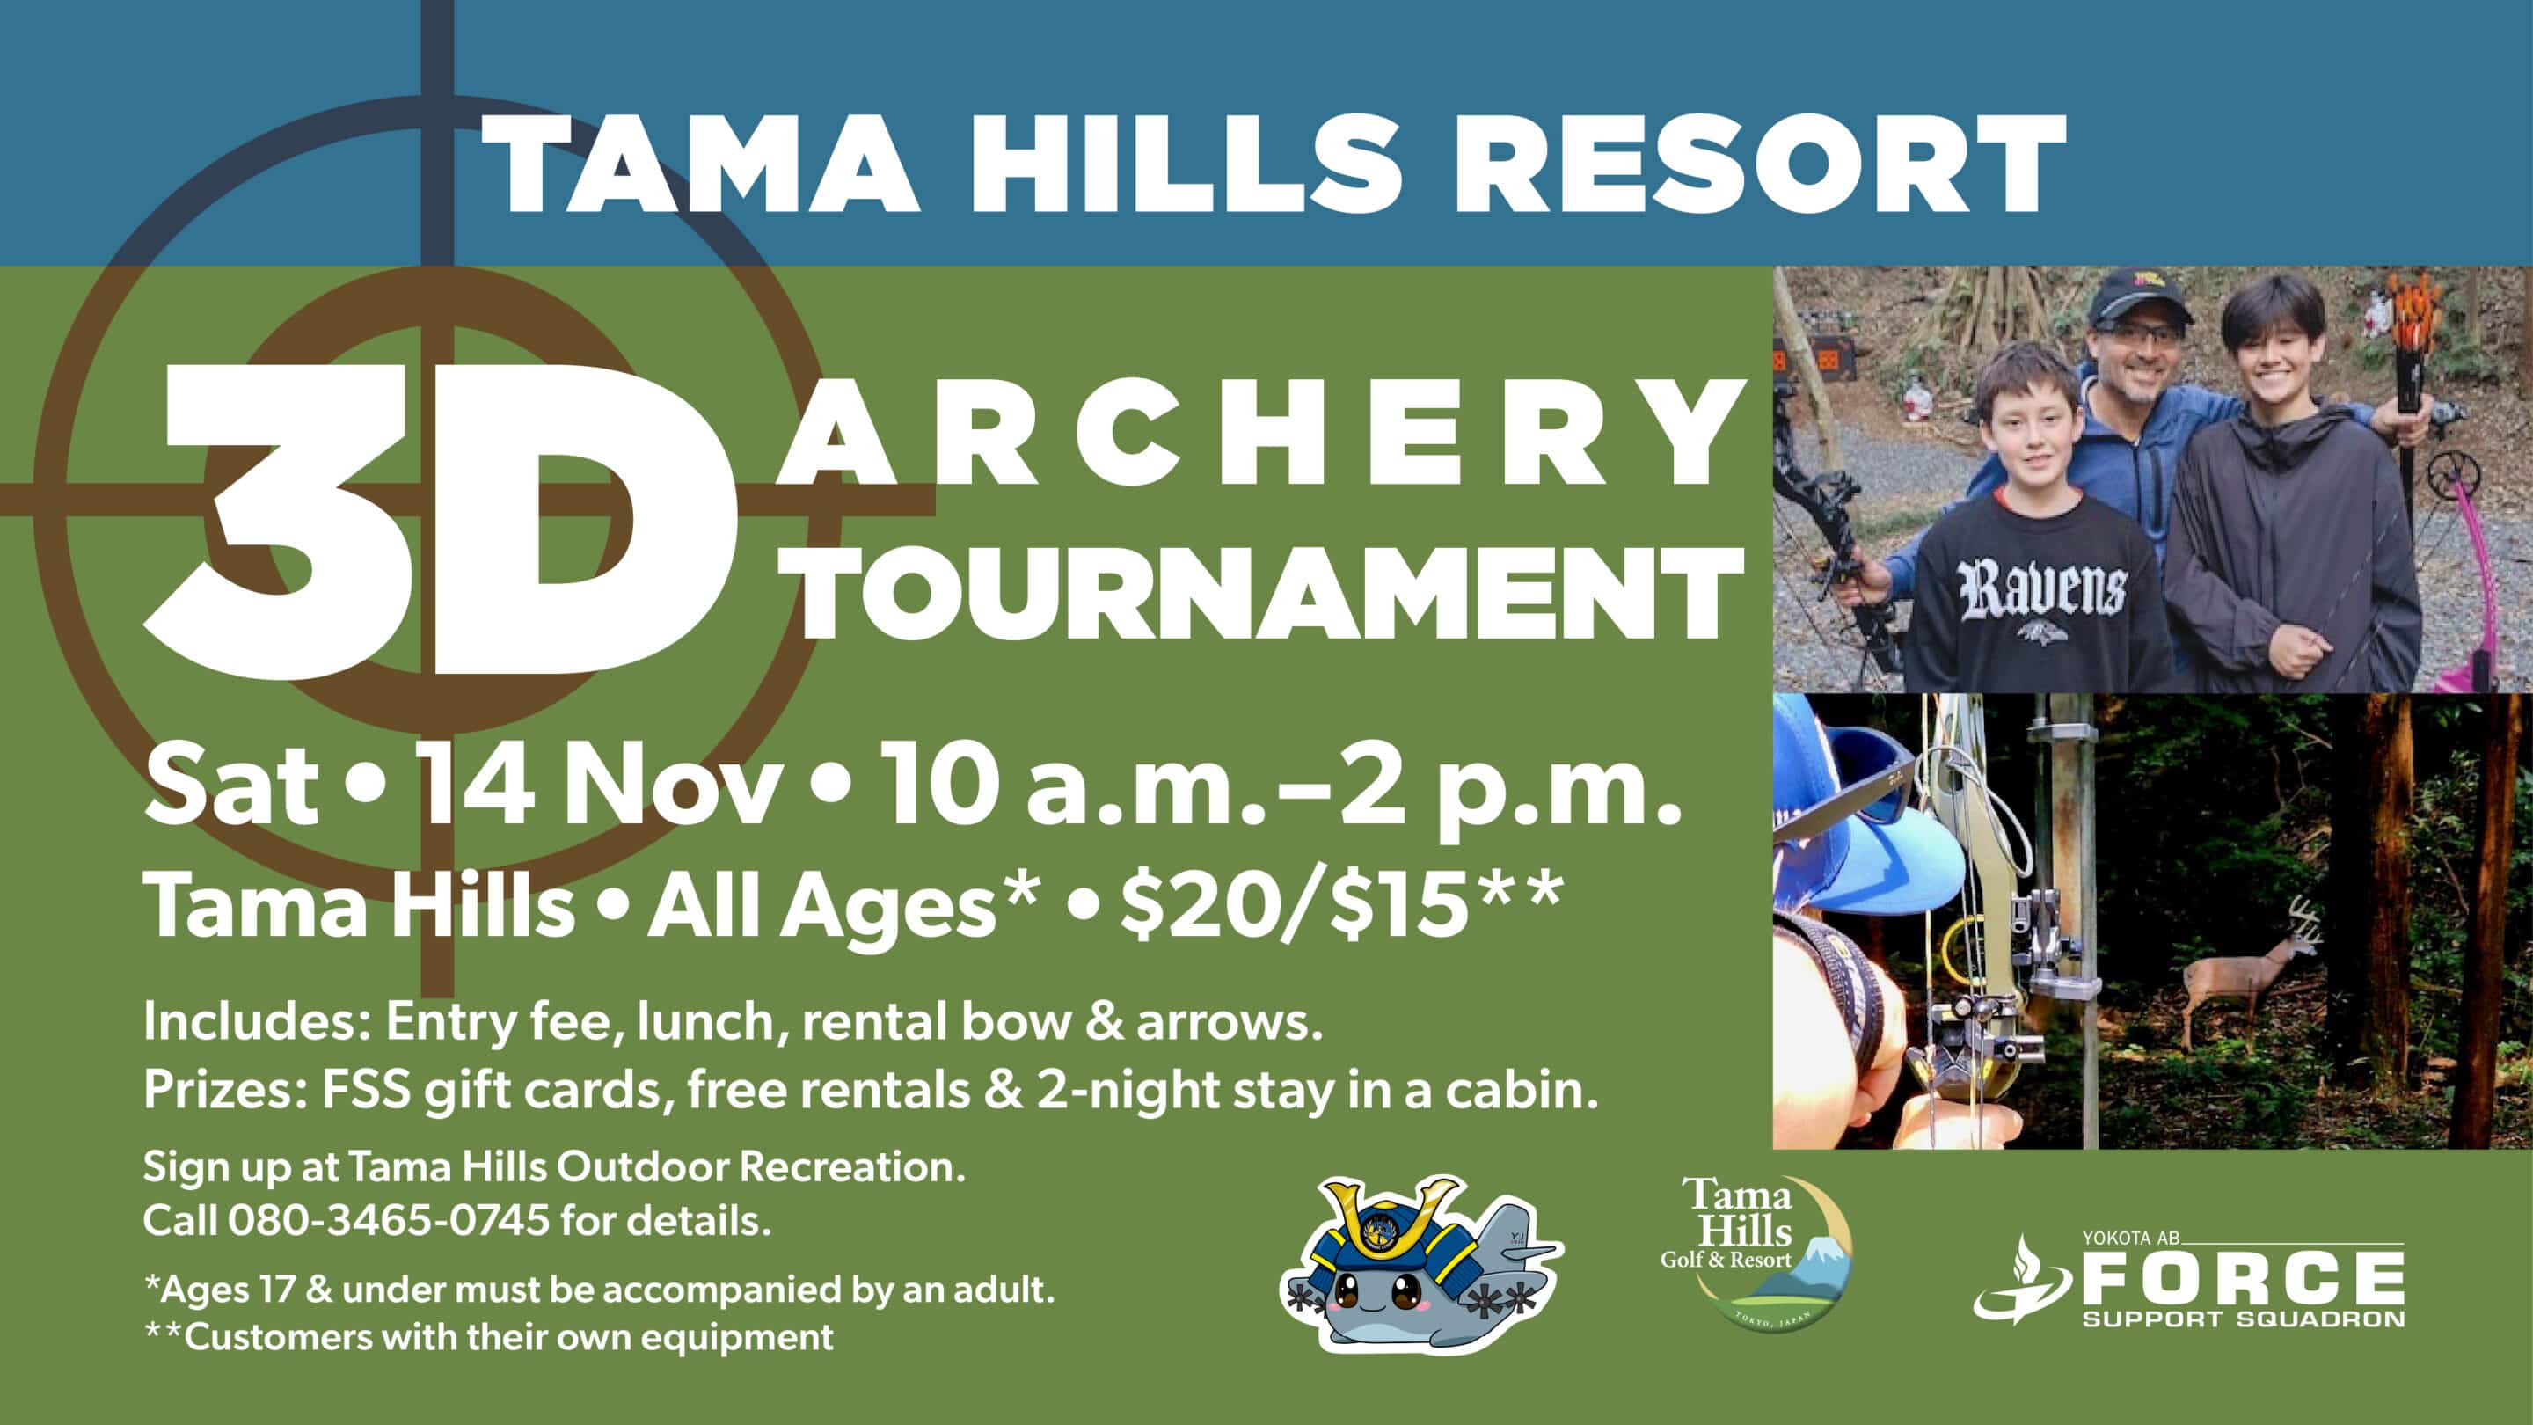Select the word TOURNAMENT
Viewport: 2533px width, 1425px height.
pos(1269,594)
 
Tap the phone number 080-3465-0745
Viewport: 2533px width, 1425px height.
pos(389,1222)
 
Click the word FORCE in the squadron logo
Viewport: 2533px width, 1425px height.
pos(2243,1280)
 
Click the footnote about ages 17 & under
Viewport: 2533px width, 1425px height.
pos(599,1290)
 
